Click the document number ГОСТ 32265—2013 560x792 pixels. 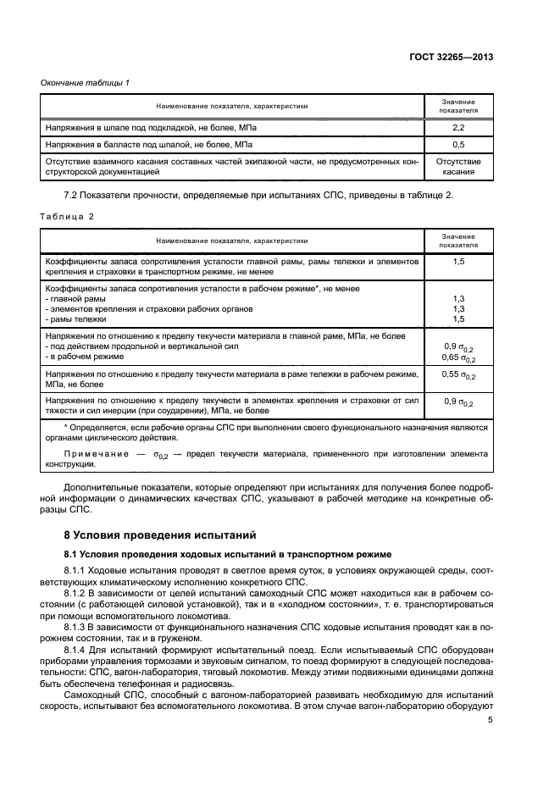(x=454, y=57)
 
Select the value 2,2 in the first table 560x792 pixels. (x=457, y=127)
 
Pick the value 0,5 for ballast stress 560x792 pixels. (x=457, y=144)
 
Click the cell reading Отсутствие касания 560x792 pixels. (x=457, y=165)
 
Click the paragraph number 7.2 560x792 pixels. (x=71, y=196)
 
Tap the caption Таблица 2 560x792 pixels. (x=68, y=217)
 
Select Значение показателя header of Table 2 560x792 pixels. (x=457, y=241)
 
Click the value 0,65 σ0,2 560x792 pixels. (x=459, y=358)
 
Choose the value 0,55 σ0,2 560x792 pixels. (x=459, y=375)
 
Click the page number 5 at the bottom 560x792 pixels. (x=491, y=720)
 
